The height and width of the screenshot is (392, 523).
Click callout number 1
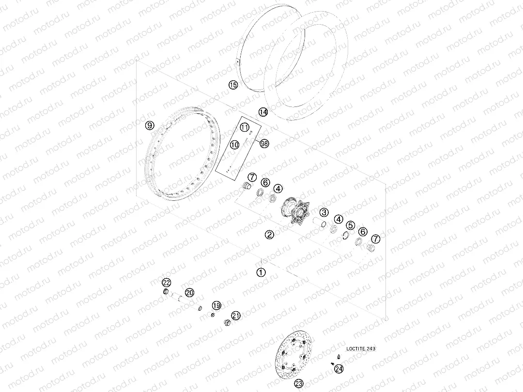261,272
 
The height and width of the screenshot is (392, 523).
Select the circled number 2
269,235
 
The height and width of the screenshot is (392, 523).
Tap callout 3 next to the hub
323,212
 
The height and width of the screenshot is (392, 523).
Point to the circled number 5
350,226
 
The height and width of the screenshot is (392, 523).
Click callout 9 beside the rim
150,125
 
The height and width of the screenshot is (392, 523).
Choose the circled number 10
234,145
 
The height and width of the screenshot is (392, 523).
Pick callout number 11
245,127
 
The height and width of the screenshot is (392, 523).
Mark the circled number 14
263,112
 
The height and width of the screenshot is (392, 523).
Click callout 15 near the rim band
233,85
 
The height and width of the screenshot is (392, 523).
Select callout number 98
264,144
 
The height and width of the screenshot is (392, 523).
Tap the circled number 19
216,305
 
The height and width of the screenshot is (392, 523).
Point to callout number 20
189,293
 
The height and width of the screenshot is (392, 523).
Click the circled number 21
236,316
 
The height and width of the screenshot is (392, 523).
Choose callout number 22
166,283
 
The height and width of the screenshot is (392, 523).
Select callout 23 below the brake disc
299,383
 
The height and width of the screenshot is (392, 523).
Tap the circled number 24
338,369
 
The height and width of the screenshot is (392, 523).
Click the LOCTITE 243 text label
361,348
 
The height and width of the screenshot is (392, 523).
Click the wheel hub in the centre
296,212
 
